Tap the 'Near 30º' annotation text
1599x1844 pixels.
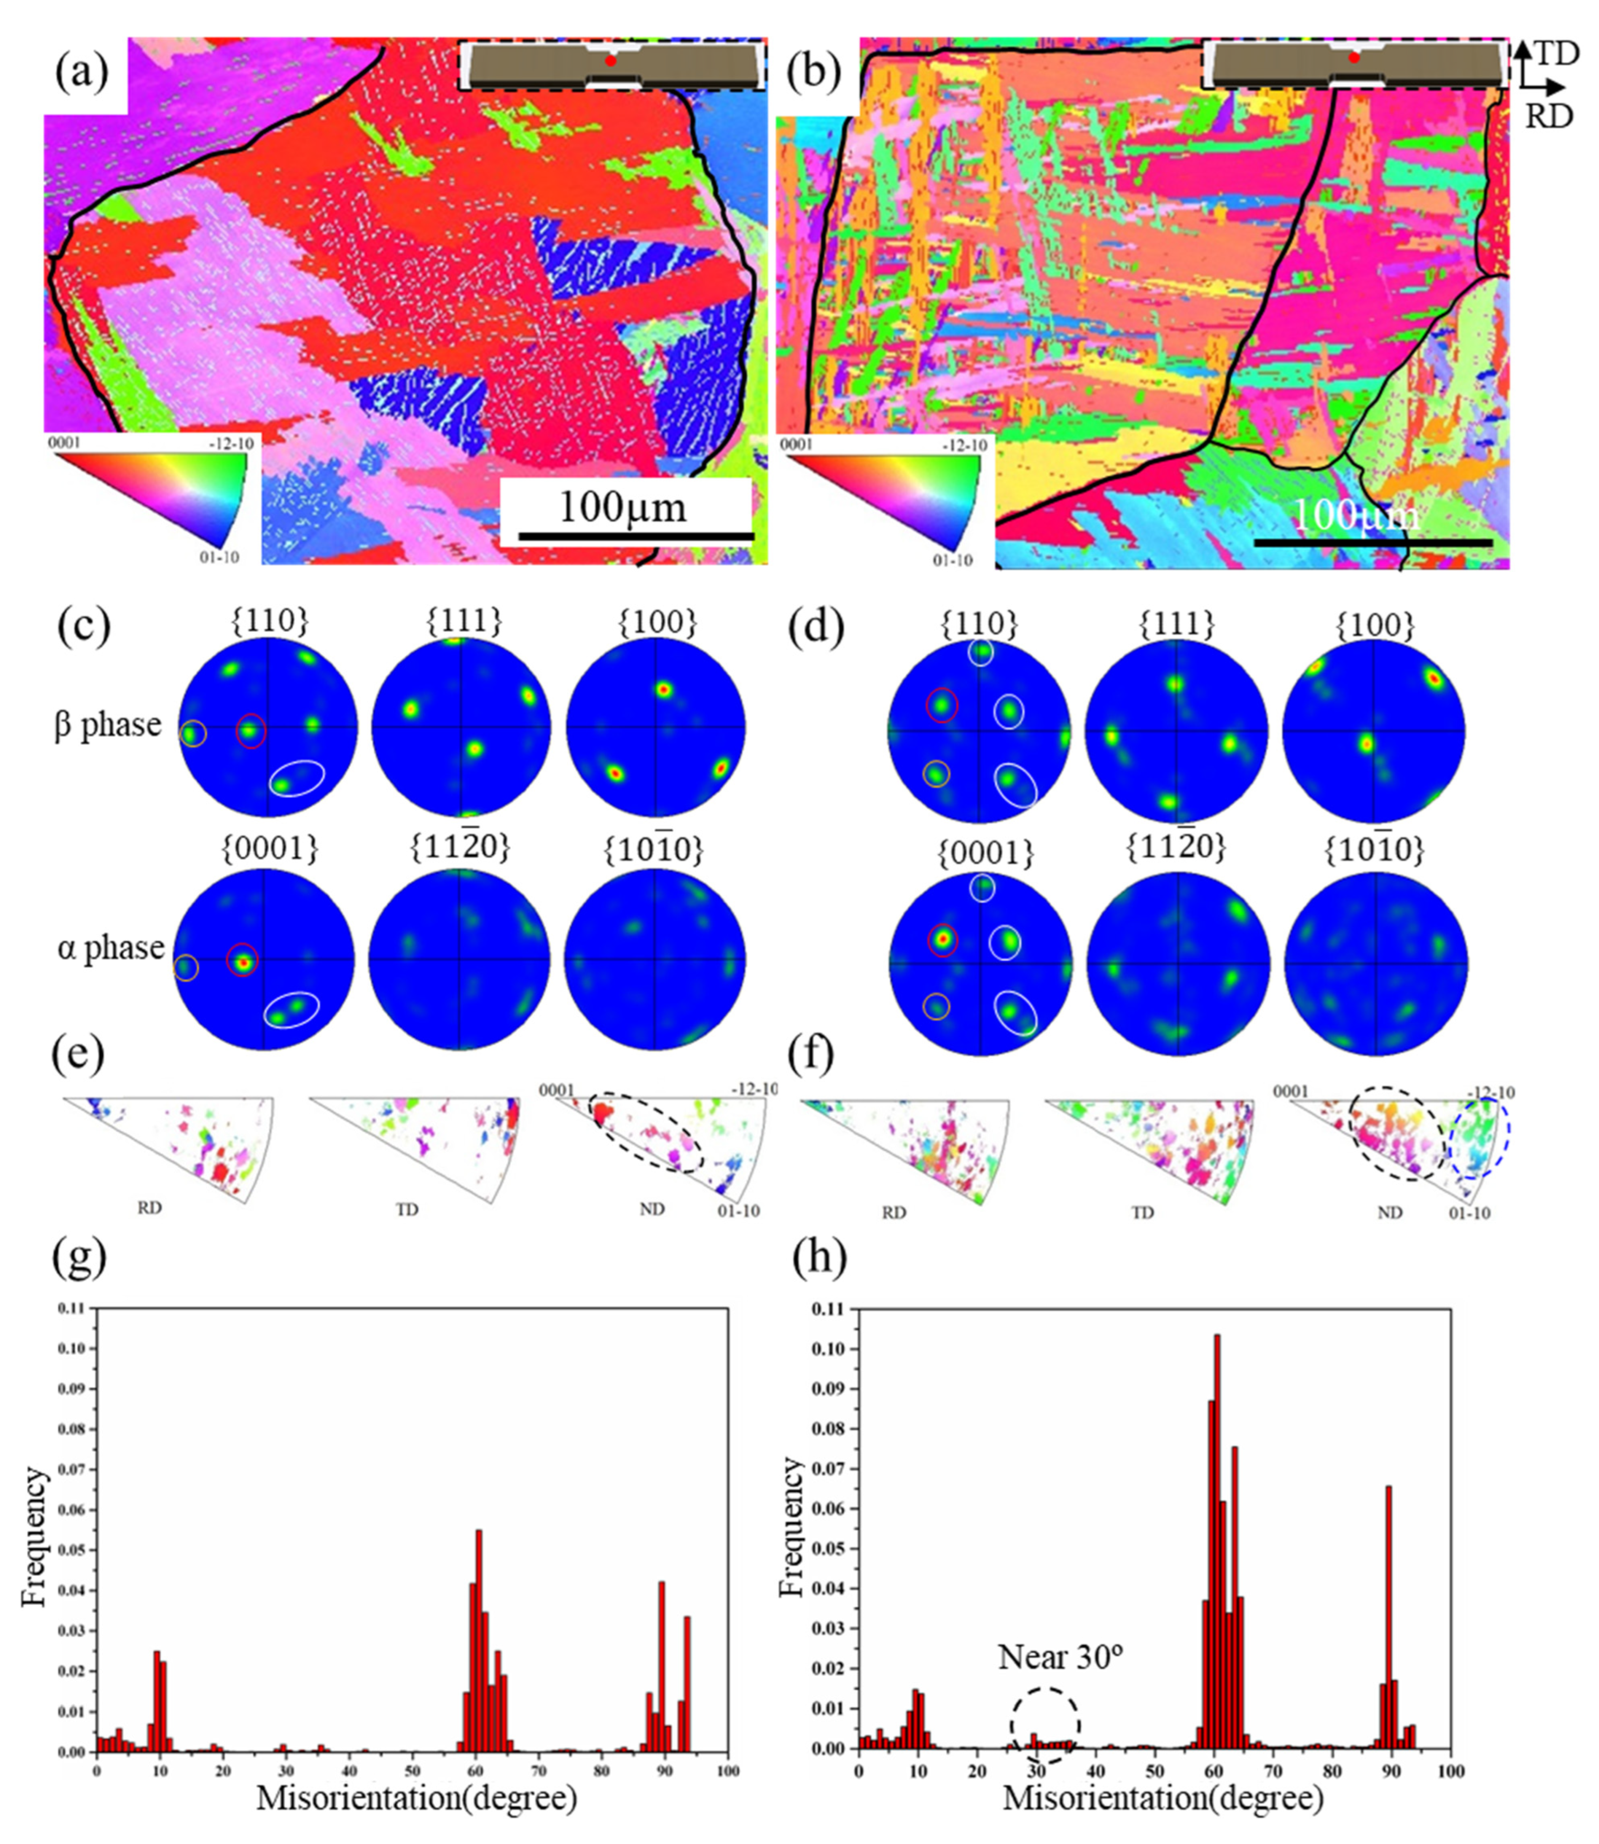[x=1059, y=1657]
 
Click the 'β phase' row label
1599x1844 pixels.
[x=108, y=725]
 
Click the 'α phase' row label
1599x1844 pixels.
[x=111, y=948]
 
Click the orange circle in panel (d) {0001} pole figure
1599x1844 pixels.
[x=936, y=1007]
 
